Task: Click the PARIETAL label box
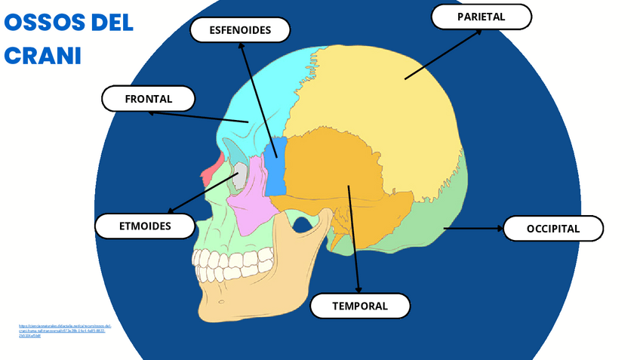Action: point(481,16)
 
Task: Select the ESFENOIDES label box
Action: point(240,30)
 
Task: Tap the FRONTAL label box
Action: point(149,99)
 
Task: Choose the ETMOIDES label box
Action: point(145,226)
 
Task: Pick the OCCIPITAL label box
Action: point(553,229)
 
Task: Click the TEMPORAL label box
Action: point(360,306)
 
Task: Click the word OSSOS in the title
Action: point(46,23)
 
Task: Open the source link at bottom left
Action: point(64,330)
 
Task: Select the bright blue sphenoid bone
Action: point(275,166)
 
